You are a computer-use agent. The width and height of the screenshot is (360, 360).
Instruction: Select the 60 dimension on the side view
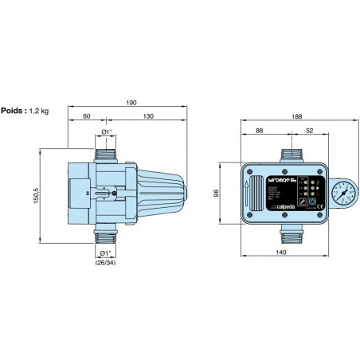pyautogui.click(x=86, y=116)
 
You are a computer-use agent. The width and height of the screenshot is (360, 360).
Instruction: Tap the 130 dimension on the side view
pyautogui.click(x=150, y=116)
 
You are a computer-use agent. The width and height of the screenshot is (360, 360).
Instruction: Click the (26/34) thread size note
pyautogui.click(x=106, y=263)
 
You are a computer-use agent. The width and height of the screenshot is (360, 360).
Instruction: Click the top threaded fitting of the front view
pyautogui.click(x=288, y=150)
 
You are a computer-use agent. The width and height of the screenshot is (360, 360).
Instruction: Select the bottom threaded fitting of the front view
pyautogui.click(x=288, y=231)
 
